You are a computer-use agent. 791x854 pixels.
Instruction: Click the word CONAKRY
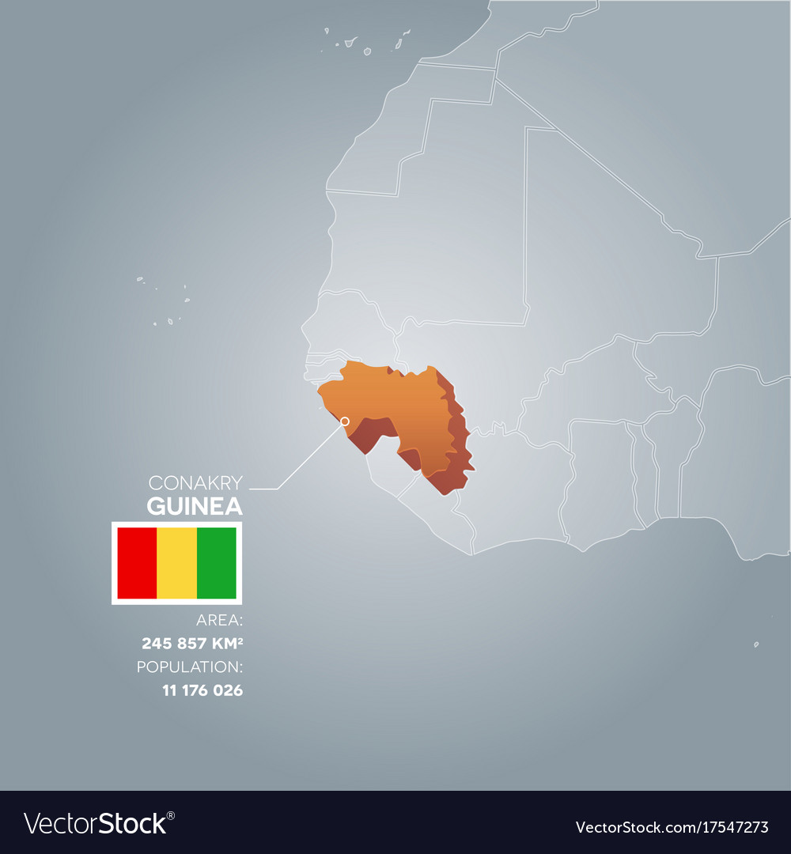[195, 482]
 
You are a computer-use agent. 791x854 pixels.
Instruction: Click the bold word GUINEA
[195, 506]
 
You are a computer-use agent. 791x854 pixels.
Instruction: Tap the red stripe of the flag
[137, 563]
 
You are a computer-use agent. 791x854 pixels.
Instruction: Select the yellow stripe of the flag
[176, 563]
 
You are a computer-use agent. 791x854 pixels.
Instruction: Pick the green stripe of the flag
[216, 563]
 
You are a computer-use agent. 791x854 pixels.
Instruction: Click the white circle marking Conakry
[344, 421]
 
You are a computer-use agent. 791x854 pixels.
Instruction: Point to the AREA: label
[219, 620]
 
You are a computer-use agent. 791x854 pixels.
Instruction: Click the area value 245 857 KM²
[192, 643]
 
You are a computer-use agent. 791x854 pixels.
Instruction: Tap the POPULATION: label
[190, 667]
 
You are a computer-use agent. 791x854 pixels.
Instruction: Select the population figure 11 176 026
[202, 690]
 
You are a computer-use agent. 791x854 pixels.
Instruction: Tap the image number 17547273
[729, 828]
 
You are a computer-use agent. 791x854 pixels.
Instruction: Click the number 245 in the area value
[155, 643]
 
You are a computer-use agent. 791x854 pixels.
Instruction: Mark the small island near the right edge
[756, 644]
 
